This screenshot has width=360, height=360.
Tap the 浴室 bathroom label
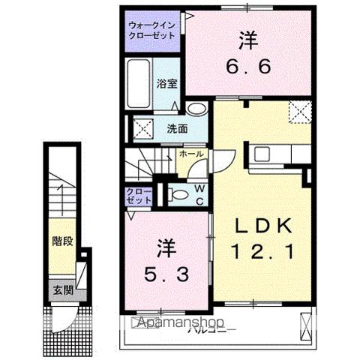coord(166,84)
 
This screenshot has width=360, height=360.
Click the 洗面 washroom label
coord(177,127)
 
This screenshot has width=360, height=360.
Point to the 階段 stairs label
coord(62,241)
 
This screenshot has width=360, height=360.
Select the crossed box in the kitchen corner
coord(301,112)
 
